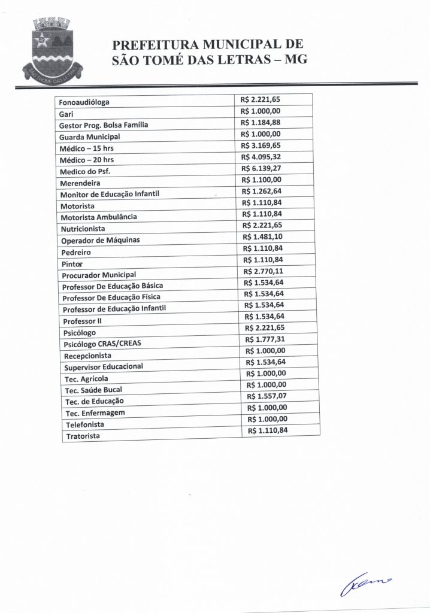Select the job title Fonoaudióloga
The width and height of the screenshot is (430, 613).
(x=84, y=102)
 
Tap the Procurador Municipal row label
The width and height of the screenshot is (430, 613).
(x=99, y=275)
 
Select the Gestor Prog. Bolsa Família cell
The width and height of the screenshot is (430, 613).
(x=103, y=125)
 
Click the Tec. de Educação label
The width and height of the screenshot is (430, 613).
(x=94, y=401)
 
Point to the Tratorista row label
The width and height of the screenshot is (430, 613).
(x=83, y=435)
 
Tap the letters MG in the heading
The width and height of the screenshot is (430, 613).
(x=295, y=60)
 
